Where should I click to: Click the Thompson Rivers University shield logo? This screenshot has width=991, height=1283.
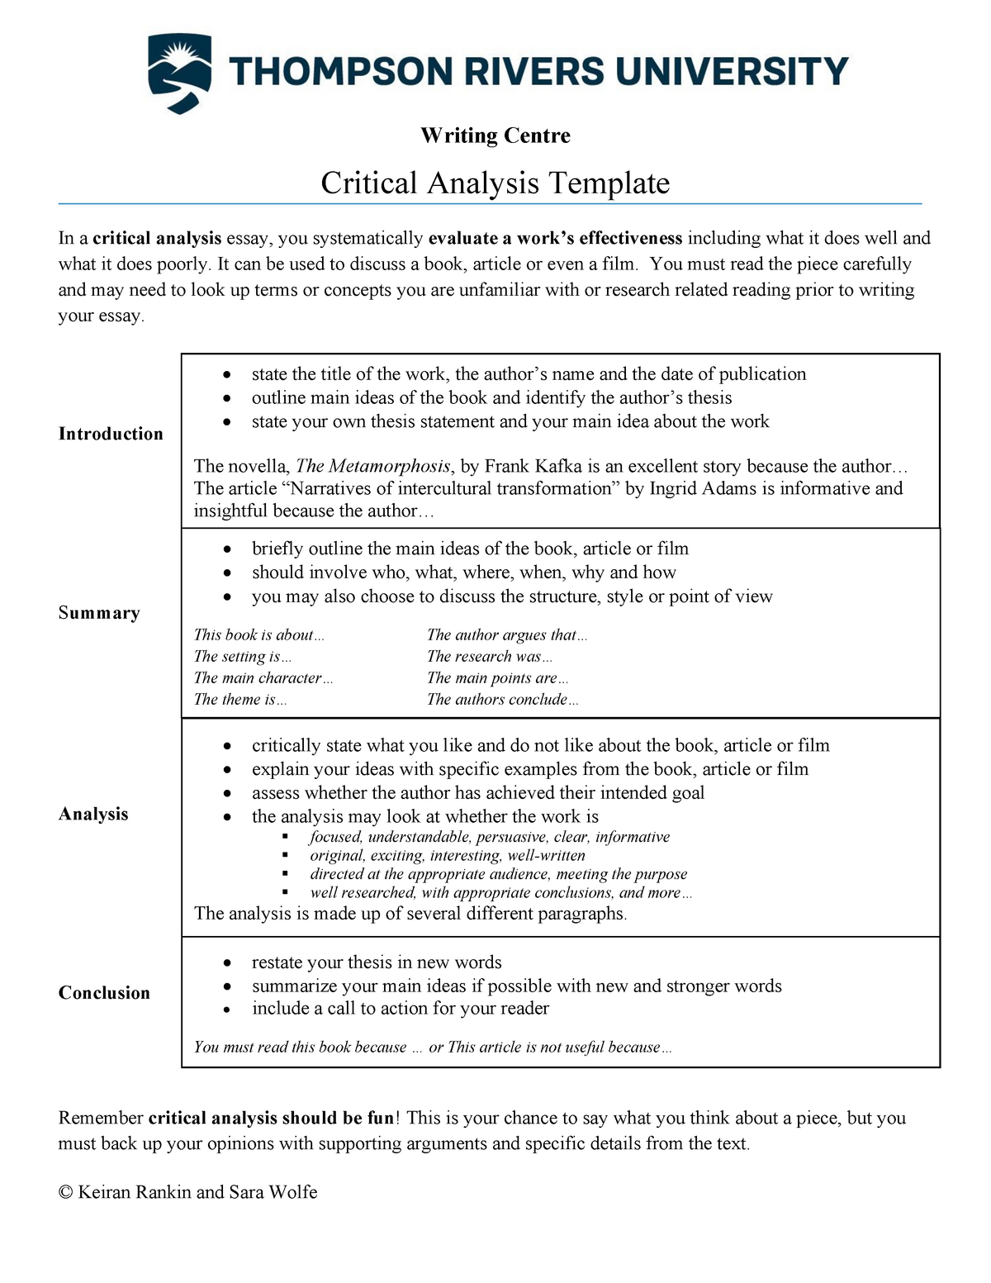(x=179, y=73)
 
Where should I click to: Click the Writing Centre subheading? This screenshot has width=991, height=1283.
(x=495, y=135)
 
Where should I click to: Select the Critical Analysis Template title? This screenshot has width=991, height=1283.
(x=495, y=183)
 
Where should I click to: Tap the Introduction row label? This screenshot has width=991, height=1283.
(x=111, y=434)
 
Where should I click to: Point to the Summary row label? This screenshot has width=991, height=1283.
(x=99, y=613)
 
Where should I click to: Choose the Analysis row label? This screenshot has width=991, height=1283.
(x=93, y=814)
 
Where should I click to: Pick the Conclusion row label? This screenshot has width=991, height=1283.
(x=104, y=993)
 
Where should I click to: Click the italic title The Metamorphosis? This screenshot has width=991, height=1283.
(x=373, y=466)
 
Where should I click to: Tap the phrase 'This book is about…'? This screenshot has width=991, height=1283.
(x=258, y=635)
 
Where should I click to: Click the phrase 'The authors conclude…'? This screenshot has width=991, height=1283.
(x=502, y=700)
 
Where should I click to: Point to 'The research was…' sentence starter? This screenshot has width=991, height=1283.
(x=489, y=657)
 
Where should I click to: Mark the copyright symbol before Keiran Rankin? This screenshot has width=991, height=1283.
(x=66, y=1192)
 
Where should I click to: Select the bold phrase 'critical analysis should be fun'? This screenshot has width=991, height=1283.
(x=271, y=1118)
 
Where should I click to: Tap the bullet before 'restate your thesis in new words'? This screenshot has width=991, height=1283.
(x=228, y=963)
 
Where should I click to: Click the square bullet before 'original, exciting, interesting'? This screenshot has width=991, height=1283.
(x=286, y=856)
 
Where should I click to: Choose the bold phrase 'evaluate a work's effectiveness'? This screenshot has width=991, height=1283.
(x=555, y=239)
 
